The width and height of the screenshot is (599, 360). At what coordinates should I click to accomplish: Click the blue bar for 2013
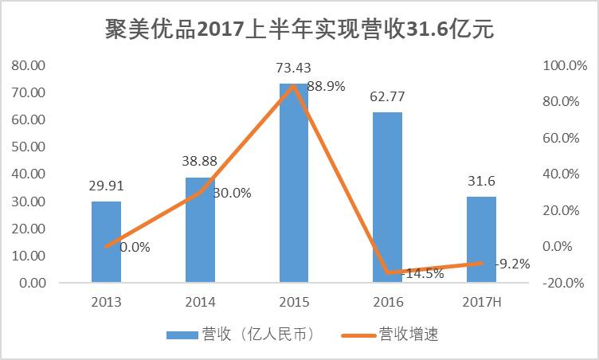coord(106,242)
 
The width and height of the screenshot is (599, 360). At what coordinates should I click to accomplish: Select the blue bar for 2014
coord(200,230)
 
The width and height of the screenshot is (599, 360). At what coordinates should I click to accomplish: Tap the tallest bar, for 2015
coord(293,183)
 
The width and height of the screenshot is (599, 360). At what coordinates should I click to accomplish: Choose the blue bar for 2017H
coord(481,240)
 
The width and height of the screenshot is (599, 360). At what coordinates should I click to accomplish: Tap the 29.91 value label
coord(106,187)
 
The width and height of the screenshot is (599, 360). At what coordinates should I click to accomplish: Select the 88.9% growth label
coord(326,86)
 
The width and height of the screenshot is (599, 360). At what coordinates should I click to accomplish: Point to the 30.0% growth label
coord(232,192)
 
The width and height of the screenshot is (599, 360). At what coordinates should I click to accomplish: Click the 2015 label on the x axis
coord(293,303)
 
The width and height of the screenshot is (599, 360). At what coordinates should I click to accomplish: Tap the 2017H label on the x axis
coord(481,303)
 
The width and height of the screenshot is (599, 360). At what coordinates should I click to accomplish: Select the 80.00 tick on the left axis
coord(28,65)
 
